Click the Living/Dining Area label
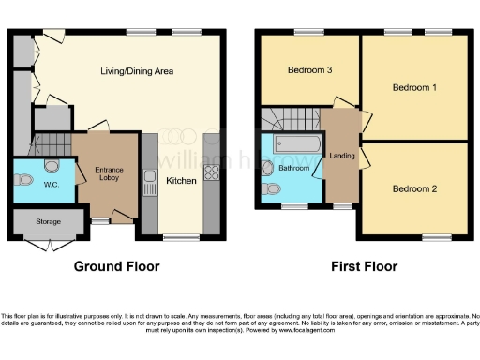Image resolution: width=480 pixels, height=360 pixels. pyautogui.click(x=137, y=71)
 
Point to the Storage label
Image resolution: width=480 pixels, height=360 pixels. pyautogui.click(x=49, y=222)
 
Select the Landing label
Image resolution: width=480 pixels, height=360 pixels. pyautogui.click(x=341, y=156)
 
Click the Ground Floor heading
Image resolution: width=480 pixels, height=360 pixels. pyautogui.click(x=117, y=266)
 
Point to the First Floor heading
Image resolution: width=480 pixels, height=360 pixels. pyautogui.click(x=364, y=266)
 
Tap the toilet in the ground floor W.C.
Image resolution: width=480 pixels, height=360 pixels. pyautogui.click(x=51, y=169)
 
